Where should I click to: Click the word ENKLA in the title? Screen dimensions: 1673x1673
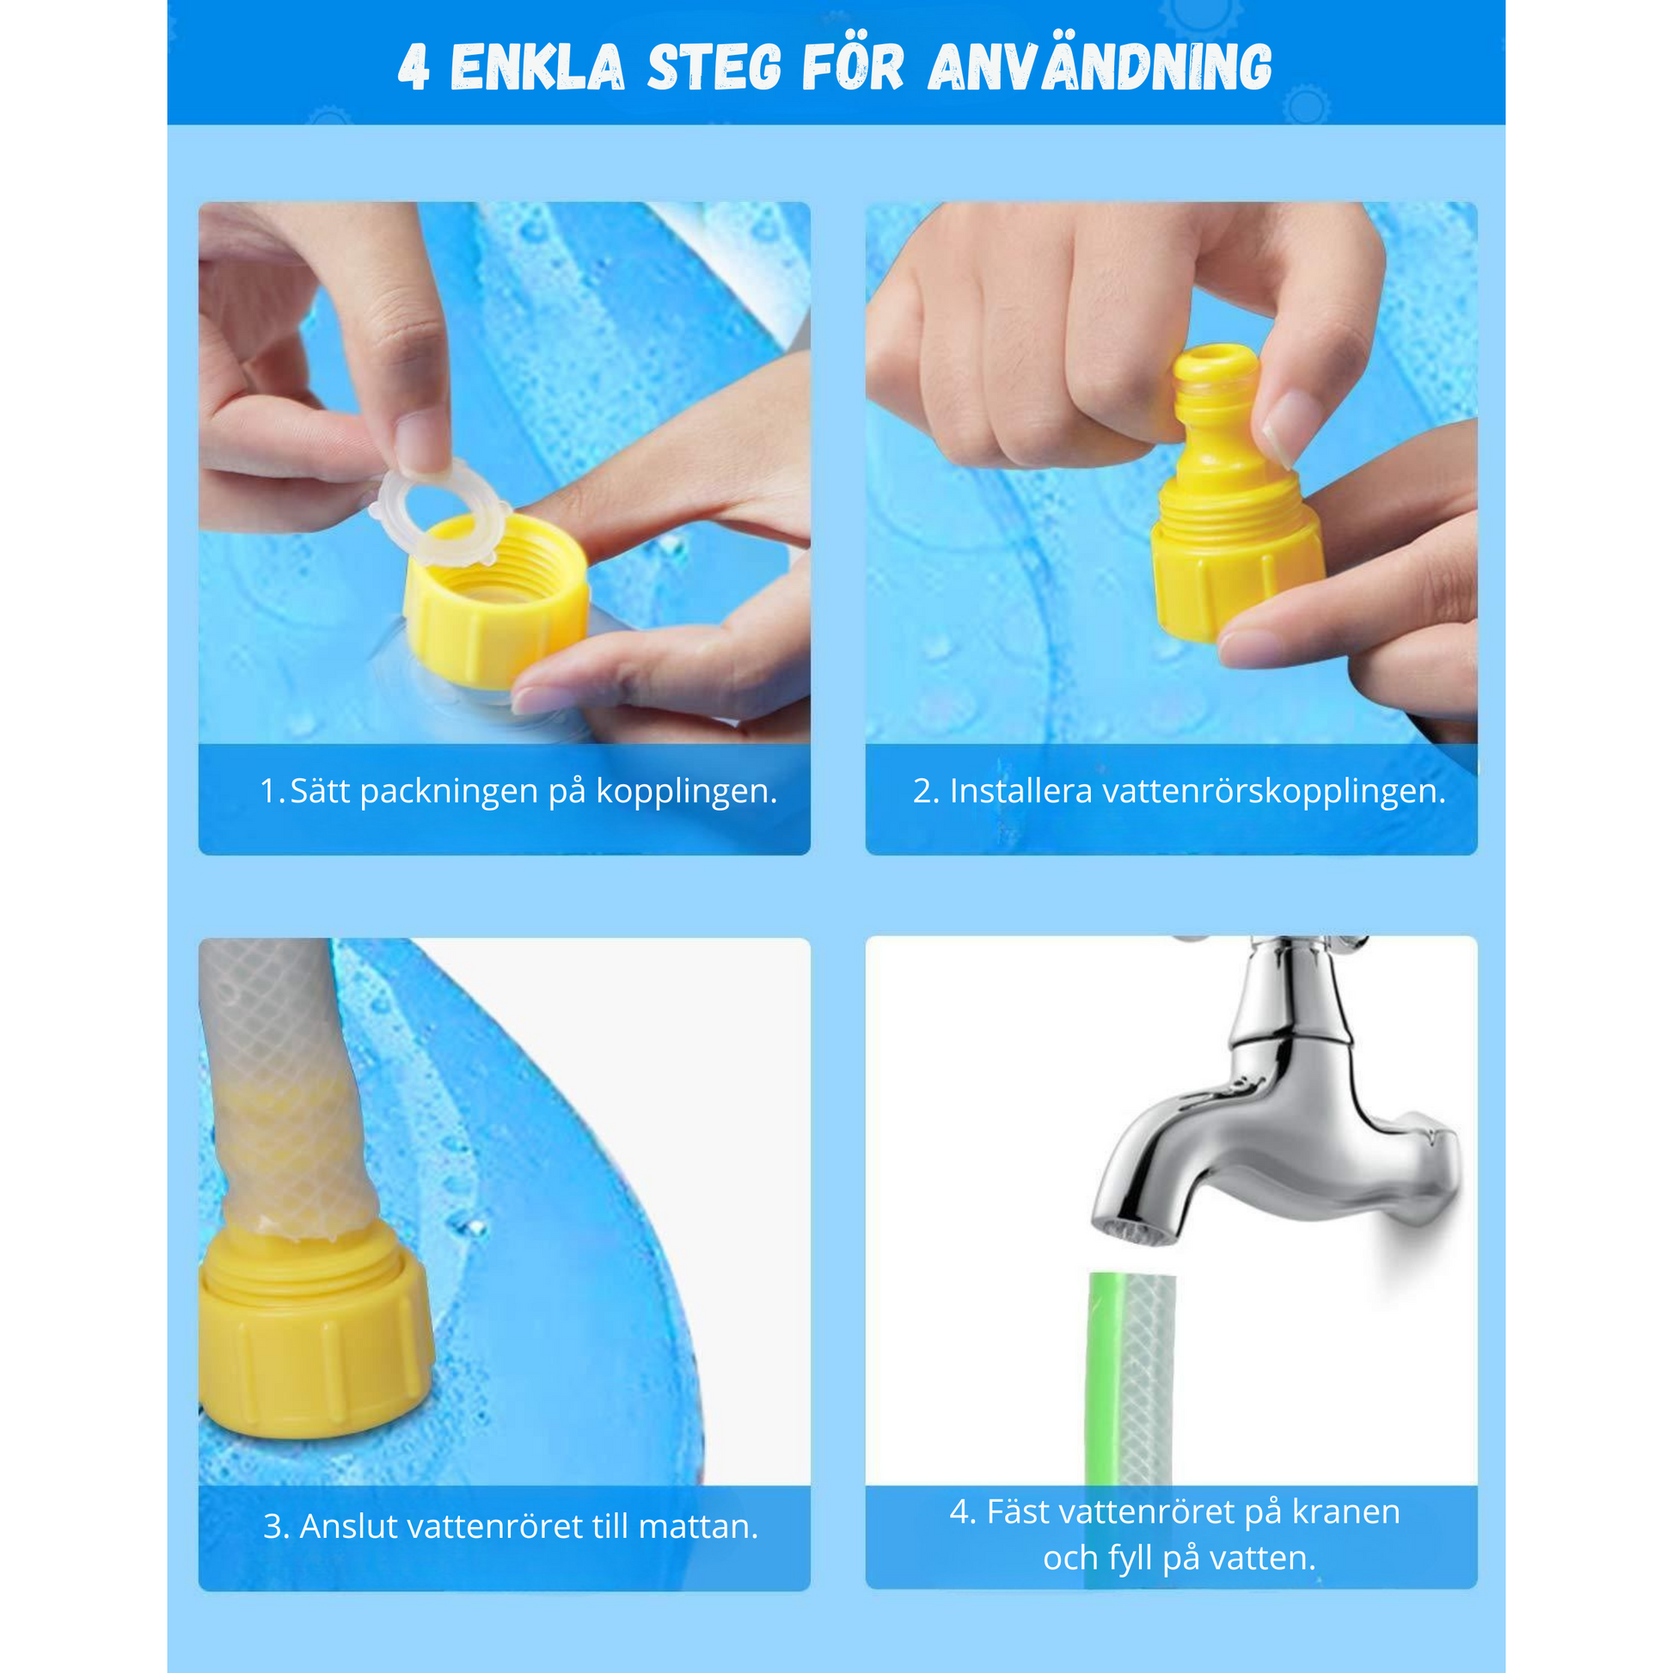(536, 68)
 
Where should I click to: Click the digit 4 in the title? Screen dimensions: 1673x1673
(414, 68)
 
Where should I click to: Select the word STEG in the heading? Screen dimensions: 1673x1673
(714, 68)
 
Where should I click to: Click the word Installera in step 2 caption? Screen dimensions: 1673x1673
(1021, 791)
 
